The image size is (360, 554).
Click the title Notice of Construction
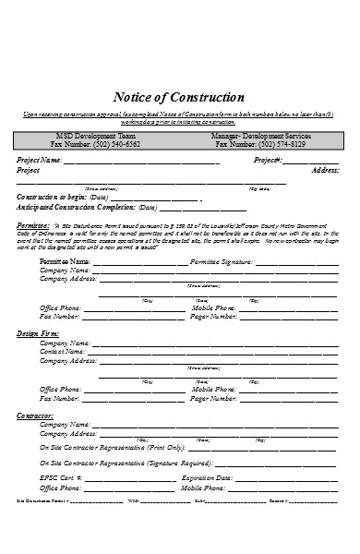178,97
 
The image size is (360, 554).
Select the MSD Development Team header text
96,135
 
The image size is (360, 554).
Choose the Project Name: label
40,160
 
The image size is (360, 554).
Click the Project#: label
268,160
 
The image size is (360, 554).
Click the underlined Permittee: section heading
33,224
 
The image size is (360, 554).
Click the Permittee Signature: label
222,261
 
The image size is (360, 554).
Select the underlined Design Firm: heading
38,331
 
